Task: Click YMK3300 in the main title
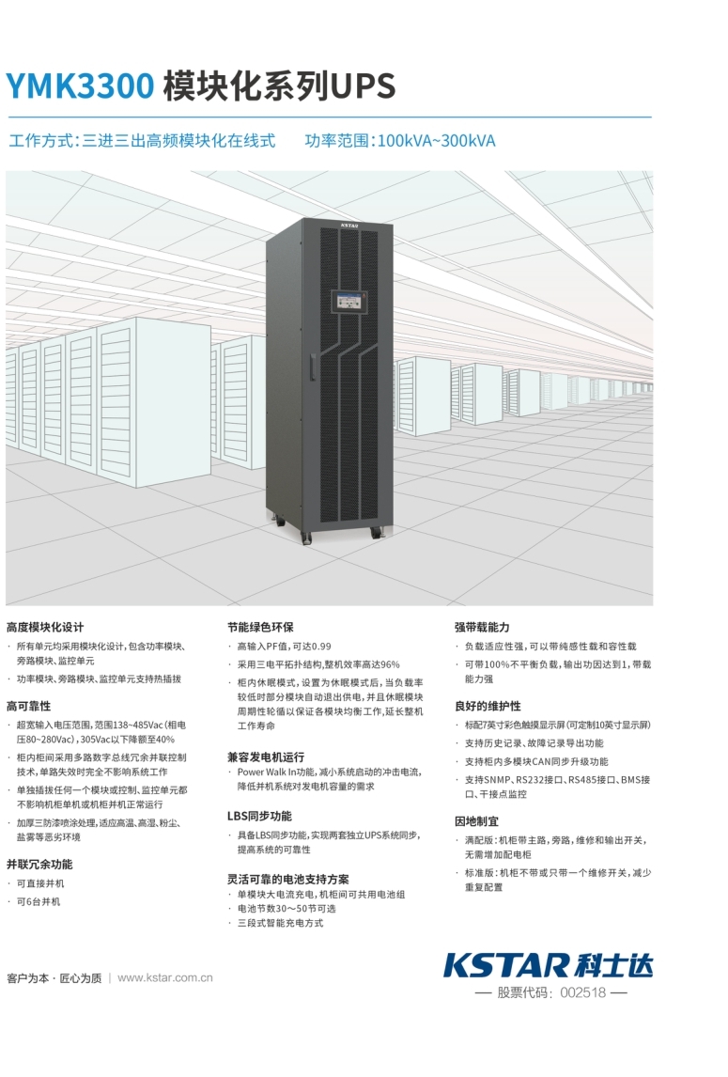(80, 86)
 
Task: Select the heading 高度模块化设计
(45, 627)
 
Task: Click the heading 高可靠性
(29, 706)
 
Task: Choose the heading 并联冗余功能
(39, 864)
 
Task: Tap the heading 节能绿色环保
(260, 627)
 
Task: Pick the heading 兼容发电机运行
(266, 756)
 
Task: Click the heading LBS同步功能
(259, 816)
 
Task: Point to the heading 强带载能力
(482, 627)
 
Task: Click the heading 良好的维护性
(488, 706)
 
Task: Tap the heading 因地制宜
(476, 820)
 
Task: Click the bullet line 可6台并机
(39, 901)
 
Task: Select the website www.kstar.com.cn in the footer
(165, 977)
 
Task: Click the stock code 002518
(583, 993)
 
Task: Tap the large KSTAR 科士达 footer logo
(548, 964)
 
